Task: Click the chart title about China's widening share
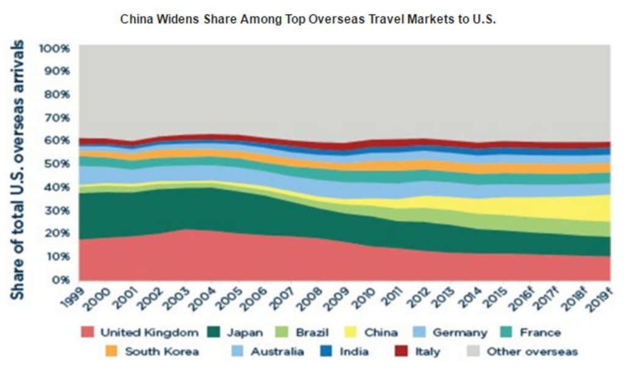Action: click(308, 19)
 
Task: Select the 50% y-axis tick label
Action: click(56, 164)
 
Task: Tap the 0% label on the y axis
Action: click(59, 280)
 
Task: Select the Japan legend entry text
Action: click(245, 333)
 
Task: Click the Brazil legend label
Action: click(312, 333)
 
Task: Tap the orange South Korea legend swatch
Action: click(111, 351)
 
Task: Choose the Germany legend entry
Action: click(460, 333)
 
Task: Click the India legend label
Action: click(355, 351)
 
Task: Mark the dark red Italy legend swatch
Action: click(401, 351)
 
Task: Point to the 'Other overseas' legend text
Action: click(532, 351)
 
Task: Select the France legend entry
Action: click(540, 333)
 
